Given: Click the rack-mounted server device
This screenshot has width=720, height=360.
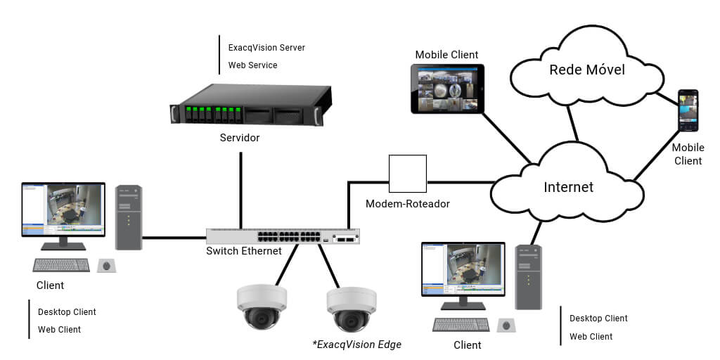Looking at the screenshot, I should pos(250,106).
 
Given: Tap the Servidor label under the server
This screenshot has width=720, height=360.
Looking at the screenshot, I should pos(240,138).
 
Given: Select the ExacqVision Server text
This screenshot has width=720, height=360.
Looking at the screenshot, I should pos(266,48).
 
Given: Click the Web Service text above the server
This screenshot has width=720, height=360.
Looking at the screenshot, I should pos(252,65).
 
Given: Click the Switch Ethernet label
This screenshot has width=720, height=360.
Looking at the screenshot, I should pos(243,251).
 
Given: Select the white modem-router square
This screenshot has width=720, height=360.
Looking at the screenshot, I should pos(408,174).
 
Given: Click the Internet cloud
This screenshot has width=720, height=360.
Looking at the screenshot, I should pos(568,187).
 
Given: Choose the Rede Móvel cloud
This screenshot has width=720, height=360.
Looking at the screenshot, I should pos(586,70).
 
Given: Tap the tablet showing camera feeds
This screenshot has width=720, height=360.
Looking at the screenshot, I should pos(448,89).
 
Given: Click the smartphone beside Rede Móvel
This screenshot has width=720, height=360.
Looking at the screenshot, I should pos(688,110).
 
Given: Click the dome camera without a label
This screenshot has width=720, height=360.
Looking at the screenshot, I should pos(262,306).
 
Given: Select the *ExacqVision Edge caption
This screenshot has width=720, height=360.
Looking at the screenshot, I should pos(356,345).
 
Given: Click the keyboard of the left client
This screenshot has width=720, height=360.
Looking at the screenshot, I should pos(61,265).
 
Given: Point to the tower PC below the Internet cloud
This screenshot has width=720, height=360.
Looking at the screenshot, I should pos(528,277).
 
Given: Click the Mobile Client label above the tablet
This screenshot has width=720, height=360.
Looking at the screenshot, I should pos(446,55).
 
